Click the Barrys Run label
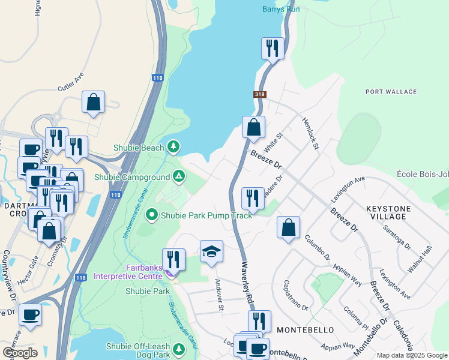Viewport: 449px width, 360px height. [x=280, y=8]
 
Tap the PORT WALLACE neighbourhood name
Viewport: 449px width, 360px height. [x=391, y=91]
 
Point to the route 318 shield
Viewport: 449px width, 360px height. [x=259, y=94]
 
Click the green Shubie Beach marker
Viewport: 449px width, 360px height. [x=173, y=146]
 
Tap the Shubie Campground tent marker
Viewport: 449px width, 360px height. [x=178, y=176]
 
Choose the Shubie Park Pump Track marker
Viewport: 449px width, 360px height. [x=152, y=214]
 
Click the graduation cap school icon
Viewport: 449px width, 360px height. [x=211, y=251]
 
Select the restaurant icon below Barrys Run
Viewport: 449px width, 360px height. [x=273, y=48]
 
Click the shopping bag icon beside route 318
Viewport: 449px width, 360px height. [x=253, y=127]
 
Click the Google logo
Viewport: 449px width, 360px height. [x=20, y=352]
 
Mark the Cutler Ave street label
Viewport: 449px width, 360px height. [x=70, y=84]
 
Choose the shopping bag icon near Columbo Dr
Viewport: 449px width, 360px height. [x=288, y=227]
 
